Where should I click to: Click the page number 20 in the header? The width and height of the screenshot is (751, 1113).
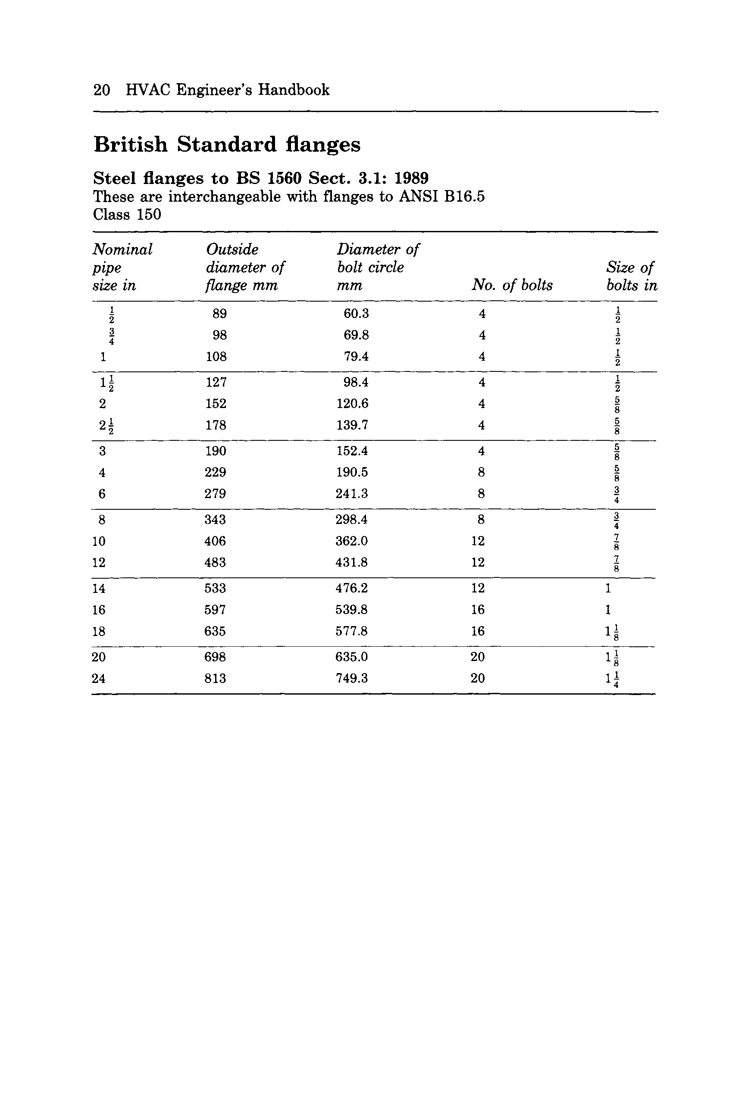102,90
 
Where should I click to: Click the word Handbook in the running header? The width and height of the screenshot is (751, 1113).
294,90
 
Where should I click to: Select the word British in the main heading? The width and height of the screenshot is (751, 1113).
131,145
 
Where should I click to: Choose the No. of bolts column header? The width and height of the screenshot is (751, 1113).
512,285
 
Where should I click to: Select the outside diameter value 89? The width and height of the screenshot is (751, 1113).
219,314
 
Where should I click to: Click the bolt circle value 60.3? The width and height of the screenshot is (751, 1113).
356,314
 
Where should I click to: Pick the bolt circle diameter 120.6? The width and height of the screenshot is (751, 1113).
352,404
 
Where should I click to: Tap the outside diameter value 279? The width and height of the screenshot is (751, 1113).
215,493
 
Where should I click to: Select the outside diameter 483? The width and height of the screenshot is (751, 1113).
215,562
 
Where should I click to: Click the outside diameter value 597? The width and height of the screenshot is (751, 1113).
215,610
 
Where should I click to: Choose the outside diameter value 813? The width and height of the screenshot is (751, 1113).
215,678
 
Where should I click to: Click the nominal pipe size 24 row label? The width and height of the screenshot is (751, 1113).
99,678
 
